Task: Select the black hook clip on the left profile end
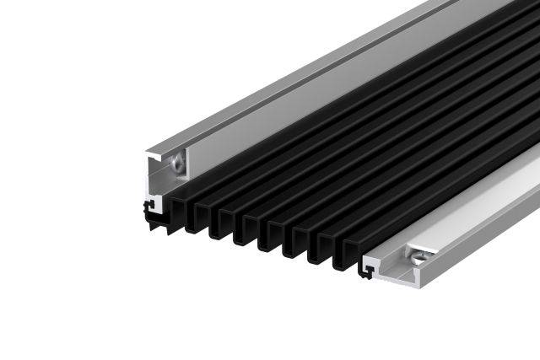(x=150, y=205)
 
